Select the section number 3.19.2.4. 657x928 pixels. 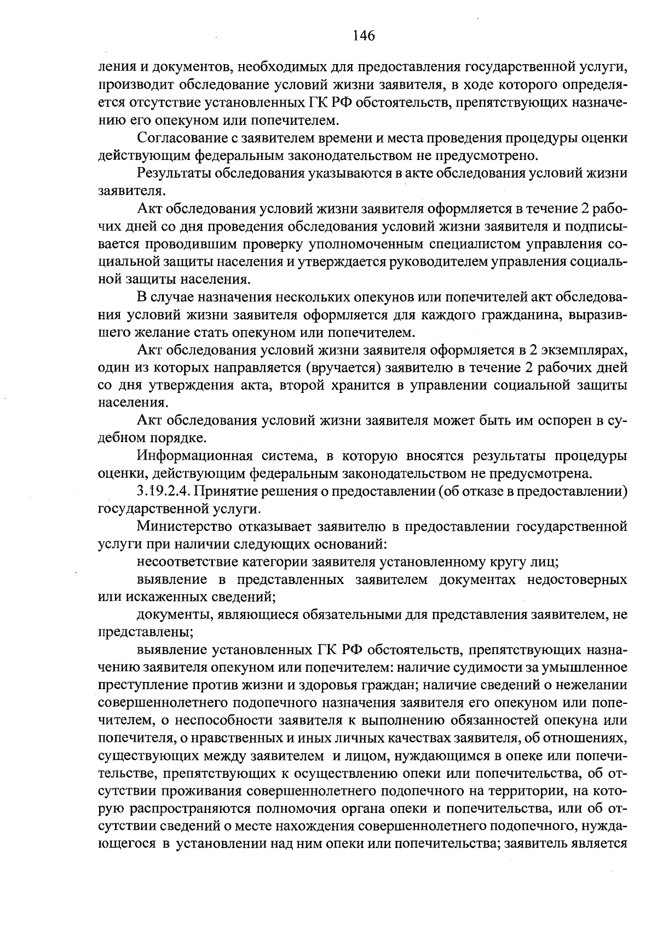(164, 491)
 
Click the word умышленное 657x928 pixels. (585, 668)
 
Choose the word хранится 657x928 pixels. (360, 385)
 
